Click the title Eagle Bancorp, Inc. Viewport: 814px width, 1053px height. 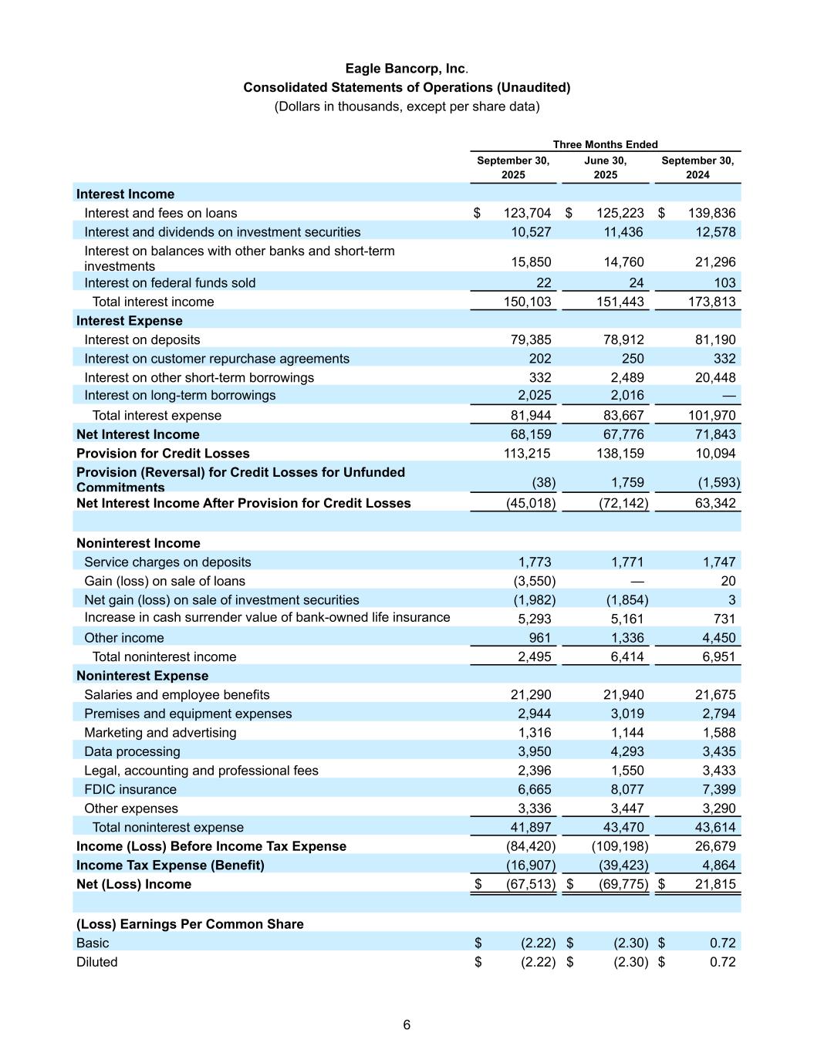pyautogui.click(x=407, y=69)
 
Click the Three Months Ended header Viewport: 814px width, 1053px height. pyautogui.click(x=605, y=144)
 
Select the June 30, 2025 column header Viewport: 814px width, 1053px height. pyautogui.click(x=605, y=167)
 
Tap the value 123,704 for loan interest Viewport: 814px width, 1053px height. pyautogui.click(x=527, y=213)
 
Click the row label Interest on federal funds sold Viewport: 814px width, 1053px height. pyautogui.click(x=170, y=283)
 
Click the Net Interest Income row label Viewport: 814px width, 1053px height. pyautogui.click(x=137, y=434)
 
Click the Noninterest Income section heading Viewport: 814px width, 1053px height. pyautogui.click(x=138, y=543)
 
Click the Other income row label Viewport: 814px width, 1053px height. pyautogui.click(x=124, y=638)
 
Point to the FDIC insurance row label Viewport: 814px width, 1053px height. pyautogui.click(x=130, y=789)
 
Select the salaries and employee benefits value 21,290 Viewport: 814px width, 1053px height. pyautogui.click(x=531, y=694)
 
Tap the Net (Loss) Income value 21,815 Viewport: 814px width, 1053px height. pyautogui.click(x=715, y=884)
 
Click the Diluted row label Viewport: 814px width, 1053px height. pyautogui.click(x=97, y=962)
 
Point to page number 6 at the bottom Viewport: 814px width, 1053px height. pyautogui.click(x=407, y=1024)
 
